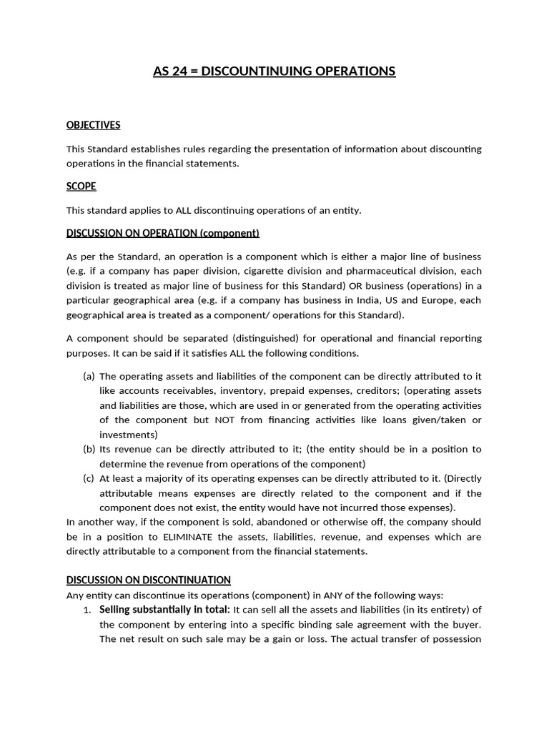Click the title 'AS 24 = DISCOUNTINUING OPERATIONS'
pos(274,71)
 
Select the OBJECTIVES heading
pos(93,125)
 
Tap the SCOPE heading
pos(81,187)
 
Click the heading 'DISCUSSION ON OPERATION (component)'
pos(162,233)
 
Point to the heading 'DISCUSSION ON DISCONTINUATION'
pos(149,580)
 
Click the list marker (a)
pos(89,377)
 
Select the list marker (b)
pos(89,449)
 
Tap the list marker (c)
pos(89,478)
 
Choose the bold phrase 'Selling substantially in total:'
pos(164,609)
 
